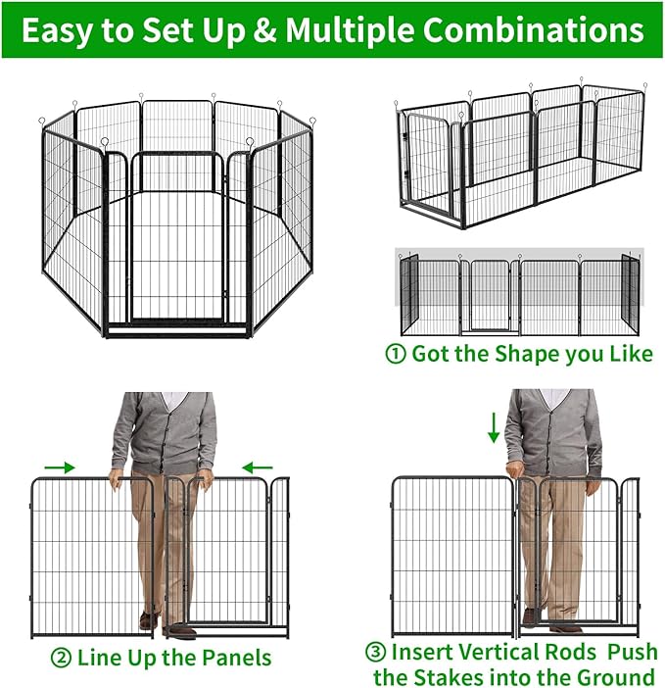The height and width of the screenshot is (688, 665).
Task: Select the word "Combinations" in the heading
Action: click(x=531, y=30)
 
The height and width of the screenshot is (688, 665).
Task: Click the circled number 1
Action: click(x=395, y=354)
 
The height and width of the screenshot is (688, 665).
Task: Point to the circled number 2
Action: click(x=61, y=657)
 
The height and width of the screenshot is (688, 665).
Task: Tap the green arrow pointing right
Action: click(x=60, y=467)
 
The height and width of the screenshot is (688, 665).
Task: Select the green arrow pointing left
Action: click(x=258, y=467)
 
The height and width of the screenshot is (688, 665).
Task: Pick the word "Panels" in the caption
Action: click(x=232, y=657)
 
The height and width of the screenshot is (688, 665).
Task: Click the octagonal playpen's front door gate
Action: click(x=178, y=240)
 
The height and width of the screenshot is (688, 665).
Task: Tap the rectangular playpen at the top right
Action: click(x=519, y=157)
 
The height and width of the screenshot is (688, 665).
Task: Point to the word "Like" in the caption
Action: click(x=630, y=354)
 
